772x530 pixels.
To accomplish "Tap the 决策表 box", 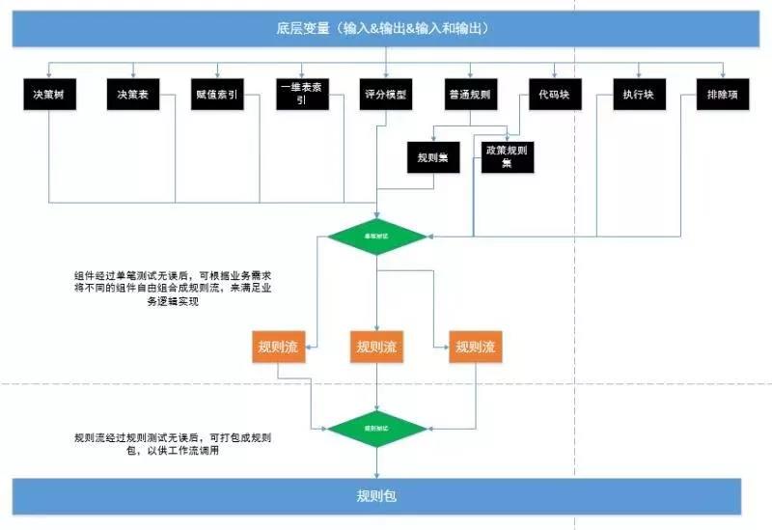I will click(133, 97).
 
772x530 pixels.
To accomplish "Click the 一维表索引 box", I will click(302, 97).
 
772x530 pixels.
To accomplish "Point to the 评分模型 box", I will click(386, 97).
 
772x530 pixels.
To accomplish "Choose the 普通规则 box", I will click(470, 97).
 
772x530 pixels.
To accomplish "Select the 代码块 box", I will click(555, 97).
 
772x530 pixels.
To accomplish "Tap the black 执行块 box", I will click(639, 97).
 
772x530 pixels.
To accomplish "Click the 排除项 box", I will click(723, 97).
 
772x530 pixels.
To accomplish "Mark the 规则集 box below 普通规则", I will click(433, 156).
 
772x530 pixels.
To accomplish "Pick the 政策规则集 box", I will click(509, 156).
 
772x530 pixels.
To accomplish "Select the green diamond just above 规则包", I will click(376, 426).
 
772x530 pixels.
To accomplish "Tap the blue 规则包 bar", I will click(376, 496).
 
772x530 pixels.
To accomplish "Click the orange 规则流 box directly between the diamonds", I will click(376, 347).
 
